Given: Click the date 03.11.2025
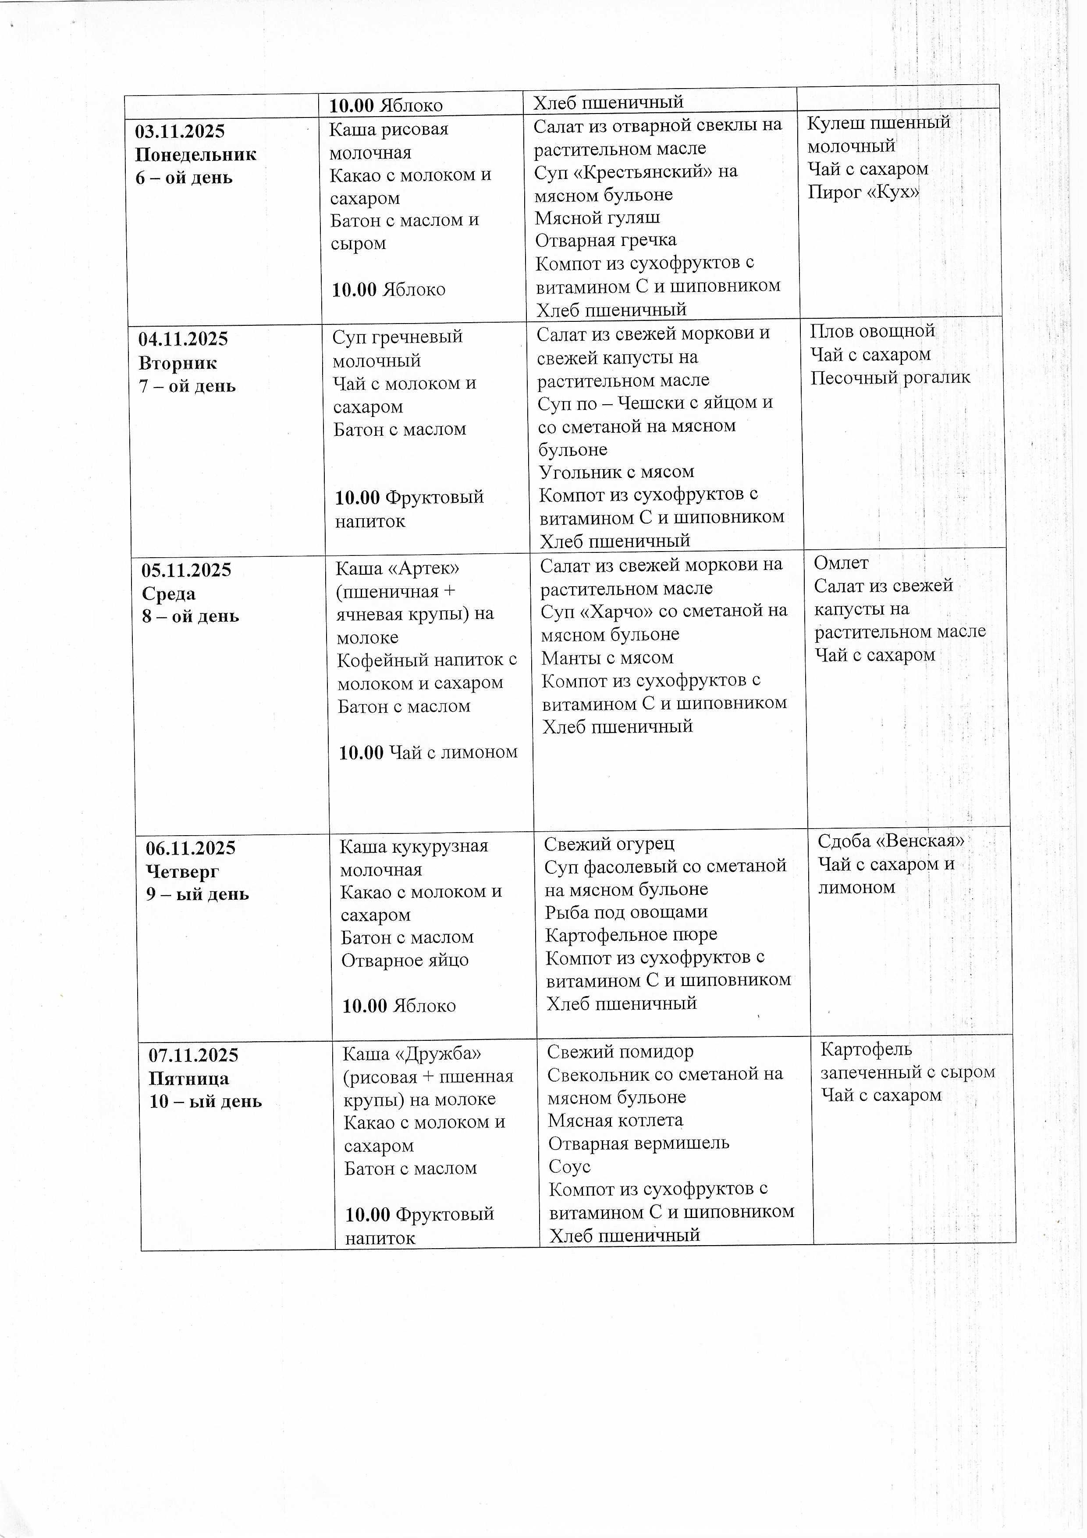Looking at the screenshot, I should [180, 131].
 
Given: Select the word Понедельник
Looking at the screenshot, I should [195, 155].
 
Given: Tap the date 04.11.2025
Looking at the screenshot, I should [184, 339].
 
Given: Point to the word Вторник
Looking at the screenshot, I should [178, 363].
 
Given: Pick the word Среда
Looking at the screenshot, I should [169, 594].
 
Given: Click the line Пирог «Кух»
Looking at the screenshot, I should [863, 192].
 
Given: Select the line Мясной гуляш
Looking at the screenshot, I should [597, 218].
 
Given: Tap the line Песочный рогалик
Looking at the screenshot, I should [890, 378].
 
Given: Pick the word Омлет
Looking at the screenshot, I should [841, 563].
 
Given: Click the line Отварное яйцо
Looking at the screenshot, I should [405, 960].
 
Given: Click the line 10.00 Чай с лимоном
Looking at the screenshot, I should [428, 752].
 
